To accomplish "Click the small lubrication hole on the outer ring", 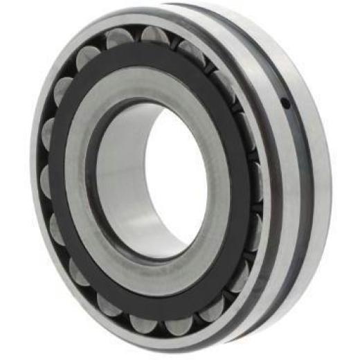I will (285, 104).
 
